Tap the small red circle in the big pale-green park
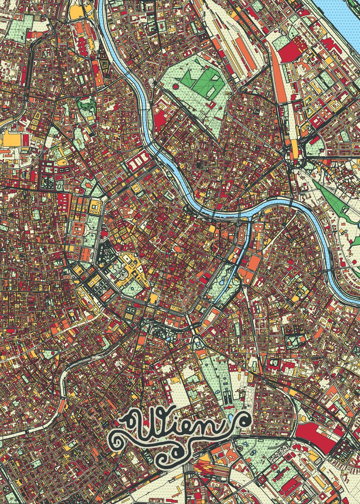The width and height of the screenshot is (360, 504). [x=175, y=86]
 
